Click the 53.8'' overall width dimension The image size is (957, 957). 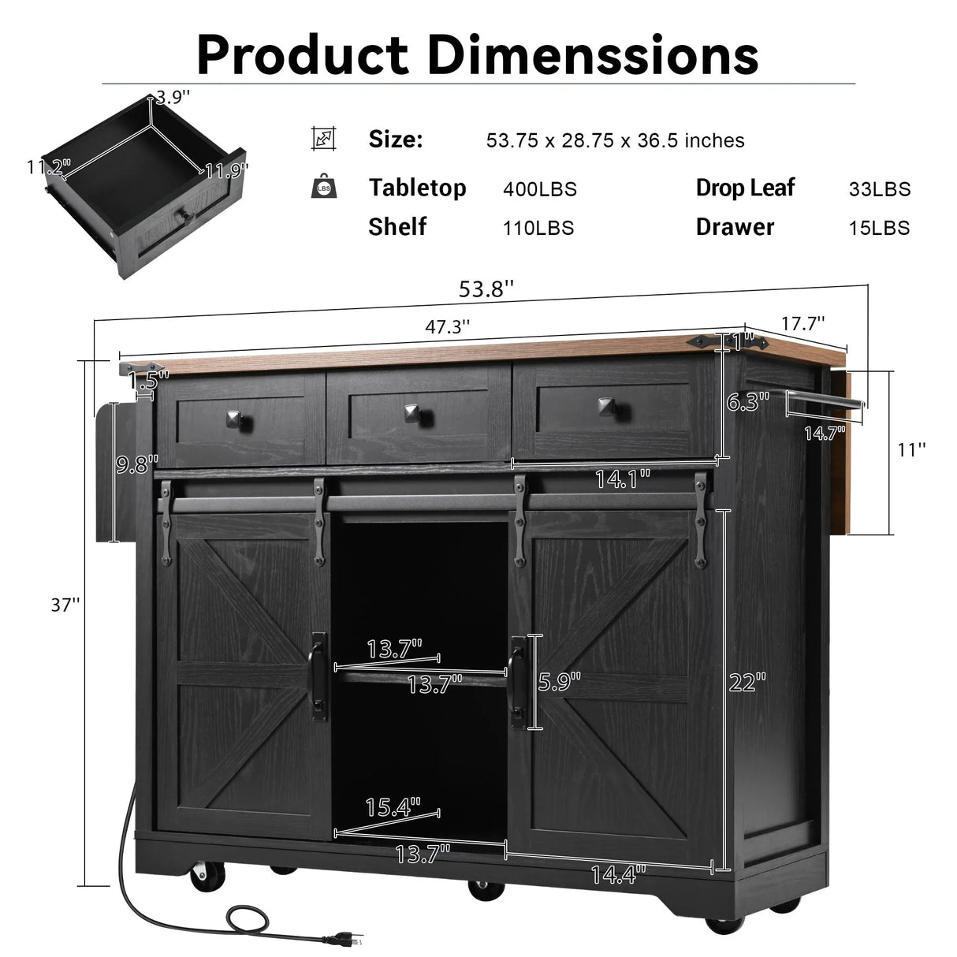coord(486,289)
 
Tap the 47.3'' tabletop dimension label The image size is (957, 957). coord(447,326)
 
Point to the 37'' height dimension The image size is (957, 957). coord(65,605)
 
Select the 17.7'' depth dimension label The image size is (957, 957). coord(802,323)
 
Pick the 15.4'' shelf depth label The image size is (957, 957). coord(393,807)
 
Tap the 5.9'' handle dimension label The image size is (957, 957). coord(559,681)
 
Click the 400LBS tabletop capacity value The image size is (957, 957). coord(540,189)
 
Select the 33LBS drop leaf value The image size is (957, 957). coord(880,189)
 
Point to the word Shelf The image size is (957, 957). coord(397,227)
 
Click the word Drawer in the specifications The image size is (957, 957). coord(735,227)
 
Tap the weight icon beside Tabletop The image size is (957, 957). coord(324,188)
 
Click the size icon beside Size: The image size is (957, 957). coord(324,140)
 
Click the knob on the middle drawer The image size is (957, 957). coord(411,413)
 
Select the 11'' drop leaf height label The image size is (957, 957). coord(912,450)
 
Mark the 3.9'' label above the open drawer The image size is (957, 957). coord(173,98)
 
